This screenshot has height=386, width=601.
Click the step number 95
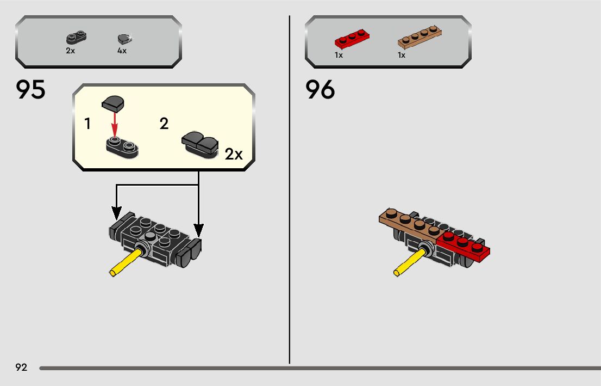31,90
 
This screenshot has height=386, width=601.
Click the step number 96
320,90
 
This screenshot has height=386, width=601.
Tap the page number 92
21,367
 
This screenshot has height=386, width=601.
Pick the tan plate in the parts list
419,37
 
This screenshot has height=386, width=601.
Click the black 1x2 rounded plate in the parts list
77,39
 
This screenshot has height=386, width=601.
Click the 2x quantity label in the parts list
70,51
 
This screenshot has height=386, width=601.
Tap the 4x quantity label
122,51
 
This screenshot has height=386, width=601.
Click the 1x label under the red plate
339,55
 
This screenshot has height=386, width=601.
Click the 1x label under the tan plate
402,55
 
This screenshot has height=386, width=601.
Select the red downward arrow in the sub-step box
115,123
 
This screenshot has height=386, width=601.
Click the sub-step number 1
87,124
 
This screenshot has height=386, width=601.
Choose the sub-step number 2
164,124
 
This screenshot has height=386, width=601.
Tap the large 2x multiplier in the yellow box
234,155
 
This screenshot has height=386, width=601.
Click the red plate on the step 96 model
465,244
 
